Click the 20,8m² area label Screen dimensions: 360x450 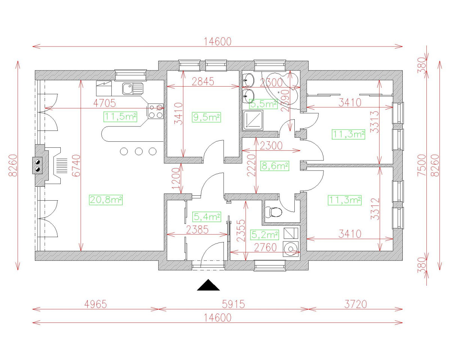tap(106, 200)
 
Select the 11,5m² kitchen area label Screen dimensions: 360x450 tap(120, 117)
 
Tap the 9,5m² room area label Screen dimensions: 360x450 tap(206, 117)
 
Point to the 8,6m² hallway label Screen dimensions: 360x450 tap(274, 165)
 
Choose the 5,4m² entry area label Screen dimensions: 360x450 tap(207, 217)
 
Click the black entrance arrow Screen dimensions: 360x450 tap(208, 285)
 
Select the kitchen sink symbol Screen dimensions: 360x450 tap(132, 89)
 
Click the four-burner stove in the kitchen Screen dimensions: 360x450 tap(156, 111)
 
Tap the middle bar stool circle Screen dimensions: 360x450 tap(139, 151)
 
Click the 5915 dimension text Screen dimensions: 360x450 tap(232, 304)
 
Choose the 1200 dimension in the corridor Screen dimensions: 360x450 tap(176, 179)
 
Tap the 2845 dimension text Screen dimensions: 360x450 tap(202, 82)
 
